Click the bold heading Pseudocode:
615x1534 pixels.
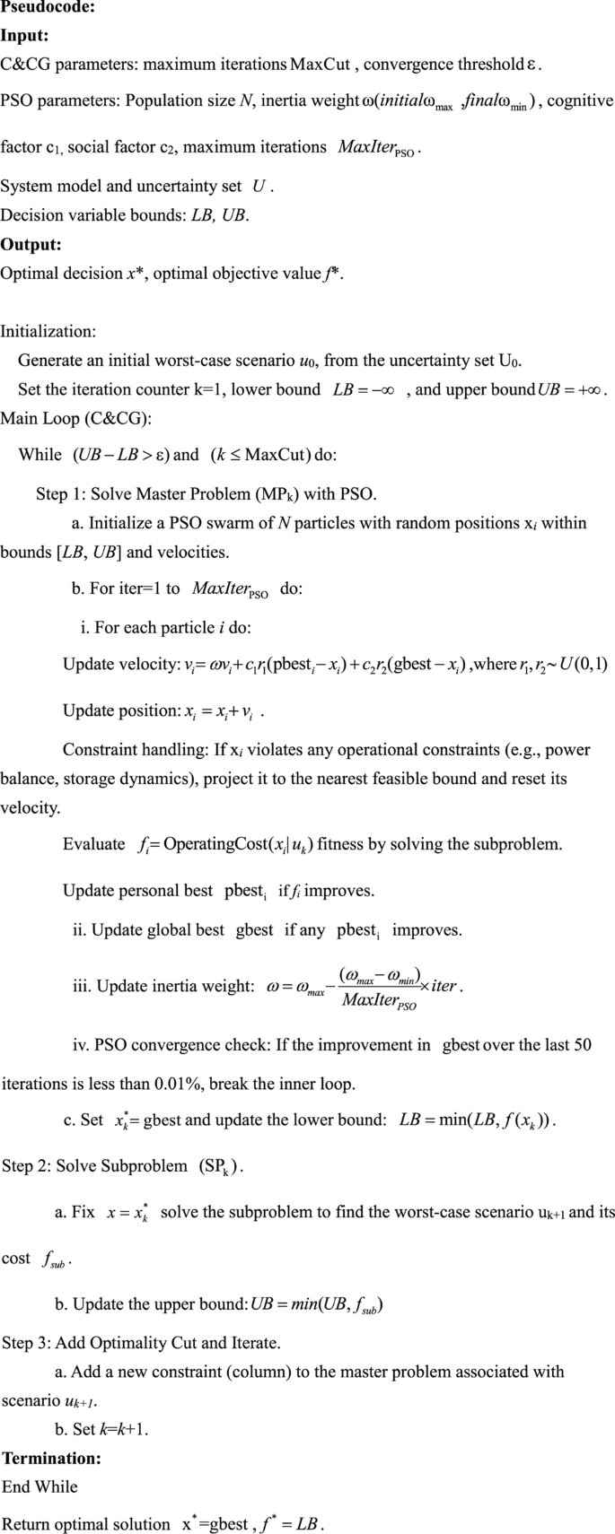(x=47, y=8)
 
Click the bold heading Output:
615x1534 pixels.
(x=31, y=244)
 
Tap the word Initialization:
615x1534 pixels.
(x=48, y=331)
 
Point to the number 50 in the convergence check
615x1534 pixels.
(x=582, y=1044)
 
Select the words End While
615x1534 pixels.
(x=40, y=1486)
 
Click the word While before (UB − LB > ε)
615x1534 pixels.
(x=40, y=455)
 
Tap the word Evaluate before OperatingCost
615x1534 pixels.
(x=93, y=844)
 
